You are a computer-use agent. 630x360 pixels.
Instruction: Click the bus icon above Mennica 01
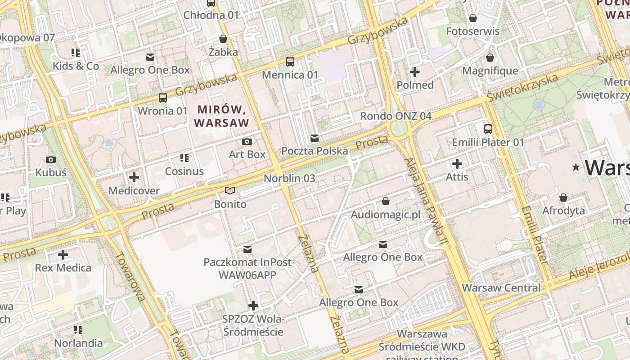point(290,62)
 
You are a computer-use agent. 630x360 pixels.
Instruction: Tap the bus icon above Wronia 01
point(162,97)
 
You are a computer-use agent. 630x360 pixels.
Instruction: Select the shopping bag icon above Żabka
point(223,39)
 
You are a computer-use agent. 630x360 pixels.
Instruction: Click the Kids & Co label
point(76,66)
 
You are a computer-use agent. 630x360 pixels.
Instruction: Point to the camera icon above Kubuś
point(51,159)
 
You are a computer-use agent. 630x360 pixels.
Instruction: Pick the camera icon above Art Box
point(247,141)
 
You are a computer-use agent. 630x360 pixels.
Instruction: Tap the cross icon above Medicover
point(134,177)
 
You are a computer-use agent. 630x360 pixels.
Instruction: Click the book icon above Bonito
point(230,191)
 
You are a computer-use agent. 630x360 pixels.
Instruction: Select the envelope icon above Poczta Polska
point(315,138)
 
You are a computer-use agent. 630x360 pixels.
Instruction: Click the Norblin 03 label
point(289,178)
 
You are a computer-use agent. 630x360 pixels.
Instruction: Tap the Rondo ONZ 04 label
point(396,116)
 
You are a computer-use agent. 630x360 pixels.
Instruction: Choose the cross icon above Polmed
point(415,72)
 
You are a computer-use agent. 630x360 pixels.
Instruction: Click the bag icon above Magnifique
point(490,58)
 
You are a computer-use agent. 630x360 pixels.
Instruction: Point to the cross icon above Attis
point(457,164)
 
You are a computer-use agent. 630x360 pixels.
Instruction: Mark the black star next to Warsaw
point(576,167)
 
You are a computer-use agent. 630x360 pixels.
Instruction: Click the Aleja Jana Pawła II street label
point(425,202)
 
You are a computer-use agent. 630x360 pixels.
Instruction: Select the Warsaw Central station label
point(501,288)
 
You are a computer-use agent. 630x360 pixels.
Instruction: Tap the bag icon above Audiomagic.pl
point(385,201)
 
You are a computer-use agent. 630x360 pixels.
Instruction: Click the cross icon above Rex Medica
point(63,255)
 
